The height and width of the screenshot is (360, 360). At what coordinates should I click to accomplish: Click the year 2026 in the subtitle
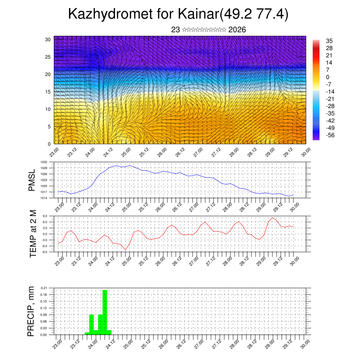click(x=237, y=30)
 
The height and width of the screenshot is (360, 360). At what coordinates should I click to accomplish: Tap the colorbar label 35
click(x=329, y=41)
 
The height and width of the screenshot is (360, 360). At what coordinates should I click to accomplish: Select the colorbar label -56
click(x=331, y=135)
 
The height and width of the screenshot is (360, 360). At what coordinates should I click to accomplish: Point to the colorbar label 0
click(x=328, y=77)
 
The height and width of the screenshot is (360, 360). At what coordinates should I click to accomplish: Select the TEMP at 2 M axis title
click(x=33, y=233)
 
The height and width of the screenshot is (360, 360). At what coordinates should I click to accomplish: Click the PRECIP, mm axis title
click(x=31, y=311)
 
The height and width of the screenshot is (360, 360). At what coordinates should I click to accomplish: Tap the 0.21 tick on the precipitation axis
click(x=44, y=288)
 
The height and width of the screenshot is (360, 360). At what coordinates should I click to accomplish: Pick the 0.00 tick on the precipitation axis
click(x=44, y=335)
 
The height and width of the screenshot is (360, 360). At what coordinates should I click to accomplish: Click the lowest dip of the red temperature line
click(x=126, y=250)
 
